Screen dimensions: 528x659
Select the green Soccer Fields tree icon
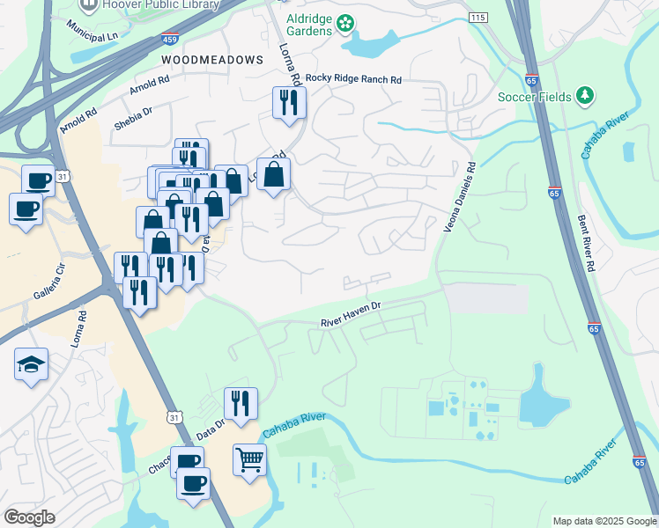[x=584, y=95]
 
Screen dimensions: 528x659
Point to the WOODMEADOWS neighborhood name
[x=212, y=59]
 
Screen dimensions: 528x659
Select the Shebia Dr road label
[x=134, y=119]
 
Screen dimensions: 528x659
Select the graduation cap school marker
[x=31, y=363]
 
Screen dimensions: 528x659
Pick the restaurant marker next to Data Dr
[x=241, y=403]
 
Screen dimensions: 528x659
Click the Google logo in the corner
[x=29, y=517]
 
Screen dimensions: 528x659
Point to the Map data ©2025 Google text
[x=603, y=521]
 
